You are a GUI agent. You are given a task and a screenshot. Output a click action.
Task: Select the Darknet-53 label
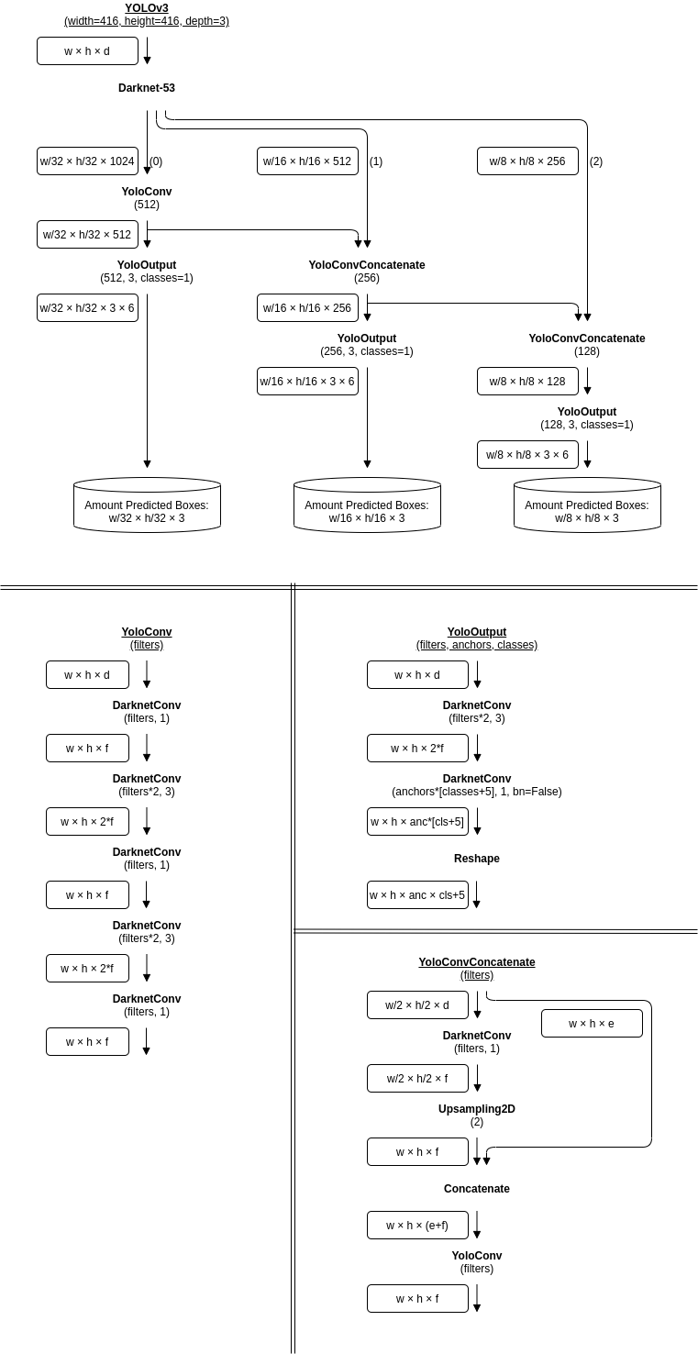click(x=146, y=88)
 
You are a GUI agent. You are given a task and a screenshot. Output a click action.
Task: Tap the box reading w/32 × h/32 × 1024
click(x=88, y=161)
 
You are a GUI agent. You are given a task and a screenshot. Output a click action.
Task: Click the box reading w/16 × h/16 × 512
click(x=307, y=161)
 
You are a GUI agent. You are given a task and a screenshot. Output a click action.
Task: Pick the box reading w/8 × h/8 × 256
click(x=527, y=161)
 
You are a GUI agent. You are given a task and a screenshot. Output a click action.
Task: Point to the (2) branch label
click(x=596, y=161)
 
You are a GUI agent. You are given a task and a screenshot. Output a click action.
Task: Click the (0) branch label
click(x=156, y=161)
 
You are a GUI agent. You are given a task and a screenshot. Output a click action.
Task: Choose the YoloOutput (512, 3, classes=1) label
click(x=146, y=272)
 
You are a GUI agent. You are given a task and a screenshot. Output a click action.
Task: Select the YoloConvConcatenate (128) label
click(x=587, y=345)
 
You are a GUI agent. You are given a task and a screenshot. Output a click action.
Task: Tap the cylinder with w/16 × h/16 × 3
click(x=367, y=505)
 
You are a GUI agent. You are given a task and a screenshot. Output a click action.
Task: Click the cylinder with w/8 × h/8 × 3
click(x=587, y=505)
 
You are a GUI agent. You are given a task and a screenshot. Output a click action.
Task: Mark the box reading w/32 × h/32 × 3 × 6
click(x=88, y=307)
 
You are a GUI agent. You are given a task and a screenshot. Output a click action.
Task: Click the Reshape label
click(x=477, y=859)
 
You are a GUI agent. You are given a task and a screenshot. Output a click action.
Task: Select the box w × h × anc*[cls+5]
click(x=417, y=821)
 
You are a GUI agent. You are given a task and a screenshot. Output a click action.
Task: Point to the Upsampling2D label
click(x=477, y=1115)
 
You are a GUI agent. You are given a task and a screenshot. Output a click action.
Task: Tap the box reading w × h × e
click(x=592, y=1024)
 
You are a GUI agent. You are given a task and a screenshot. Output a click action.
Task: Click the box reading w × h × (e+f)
click(x=417, y=1226)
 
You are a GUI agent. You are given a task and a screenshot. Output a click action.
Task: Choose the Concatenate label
click(x=477, y=1188)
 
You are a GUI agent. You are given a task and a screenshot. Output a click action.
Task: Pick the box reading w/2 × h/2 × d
click(x=417, y=1005)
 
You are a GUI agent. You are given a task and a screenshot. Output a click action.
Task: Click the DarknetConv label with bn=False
click(x=477, y=784)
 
